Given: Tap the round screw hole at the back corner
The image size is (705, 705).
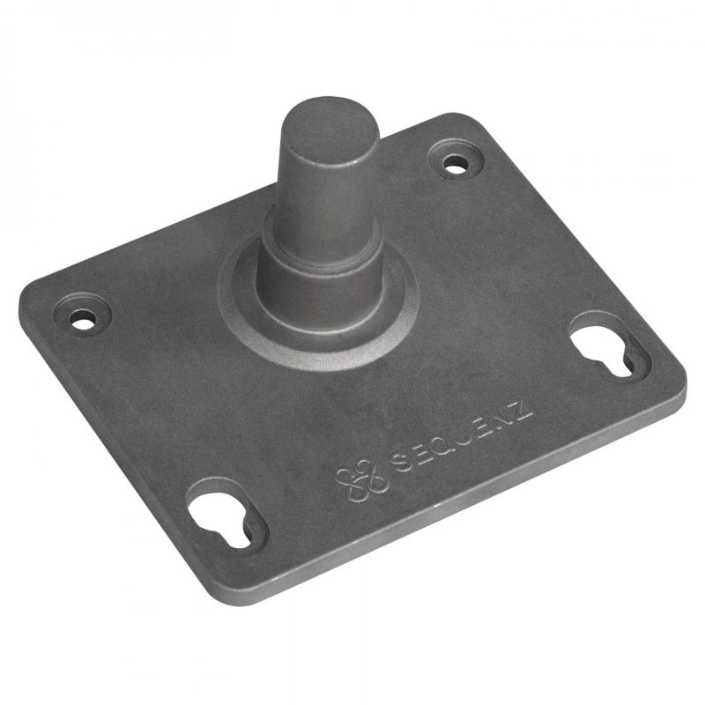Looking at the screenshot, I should pos(455,163).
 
